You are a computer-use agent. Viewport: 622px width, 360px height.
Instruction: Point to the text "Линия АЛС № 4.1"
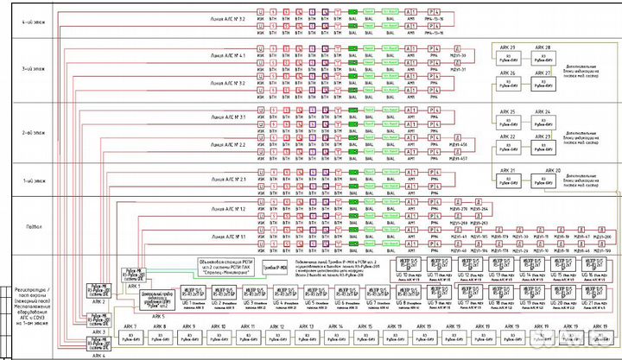[229, 55]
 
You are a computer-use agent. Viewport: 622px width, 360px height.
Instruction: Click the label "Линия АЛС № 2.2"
[229, 144]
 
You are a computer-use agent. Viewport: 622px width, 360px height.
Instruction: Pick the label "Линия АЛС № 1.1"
[229, 235]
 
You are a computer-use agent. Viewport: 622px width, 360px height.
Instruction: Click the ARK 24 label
[543, 112]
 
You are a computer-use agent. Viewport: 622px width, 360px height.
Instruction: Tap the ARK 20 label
[552, 170]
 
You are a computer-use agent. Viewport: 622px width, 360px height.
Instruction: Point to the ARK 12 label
[277, 325]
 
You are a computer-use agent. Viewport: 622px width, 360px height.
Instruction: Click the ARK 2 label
[99, 301]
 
